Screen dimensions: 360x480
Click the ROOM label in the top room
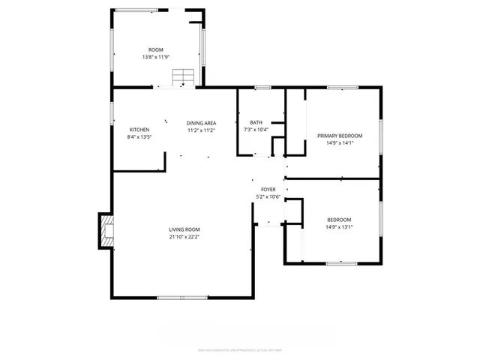point(155,49)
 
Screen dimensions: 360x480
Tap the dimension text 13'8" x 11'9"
point(155,57)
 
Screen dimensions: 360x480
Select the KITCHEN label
point(139,130)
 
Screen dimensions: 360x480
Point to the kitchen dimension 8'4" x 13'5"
point(139,137)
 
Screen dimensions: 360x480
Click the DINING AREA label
point(201,123)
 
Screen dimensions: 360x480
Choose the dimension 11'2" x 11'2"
point(201,130)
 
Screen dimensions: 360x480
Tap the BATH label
point(256,122)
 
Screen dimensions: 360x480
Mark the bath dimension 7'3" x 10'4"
point(256,130)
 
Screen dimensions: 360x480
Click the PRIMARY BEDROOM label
point(339,136)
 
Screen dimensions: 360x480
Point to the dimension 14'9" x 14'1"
point(339,143)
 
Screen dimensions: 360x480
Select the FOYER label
point(268,190)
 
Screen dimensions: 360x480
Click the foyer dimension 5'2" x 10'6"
point(268,197)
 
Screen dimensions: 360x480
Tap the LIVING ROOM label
point(184,229)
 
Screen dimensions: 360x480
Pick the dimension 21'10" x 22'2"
point(184,237)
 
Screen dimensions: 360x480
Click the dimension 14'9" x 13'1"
point(339,227)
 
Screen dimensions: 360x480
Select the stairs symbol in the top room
point(182,77)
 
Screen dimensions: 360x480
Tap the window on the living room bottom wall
point(182,298)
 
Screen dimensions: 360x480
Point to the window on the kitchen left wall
point(112,113)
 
